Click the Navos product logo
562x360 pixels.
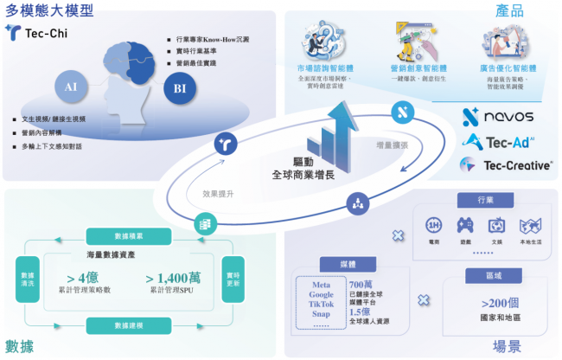click(x=497, y=116)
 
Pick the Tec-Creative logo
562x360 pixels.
click(x=505, y=164)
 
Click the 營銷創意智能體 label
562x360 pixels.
click(x=418, y=67)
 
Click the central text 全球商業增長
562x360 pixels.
click(x=304, y=174)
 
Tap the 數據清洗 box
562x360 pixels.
click(x=27, y=280)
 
